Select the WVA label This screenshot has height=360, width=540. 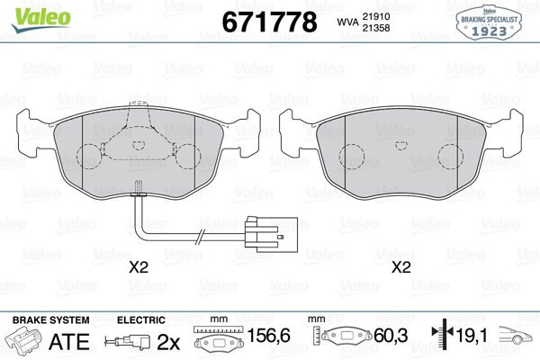click(x=346, y=22)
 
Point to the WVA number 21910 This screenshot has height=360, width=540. click(x=385, y=15)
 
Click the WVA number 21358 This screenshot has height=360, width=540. click(x=385, y=30)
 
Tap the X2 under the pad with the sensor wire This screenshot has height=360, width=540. click(x=138, y=267)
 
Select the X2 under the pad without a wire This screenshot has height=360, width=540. click(x=400, y=267)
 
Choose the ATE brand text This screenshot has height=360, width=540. click(x=74, y=341)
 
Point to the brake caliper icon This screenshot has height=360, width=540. click(x=25, y=341)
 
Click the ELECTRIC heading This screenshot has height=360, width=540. click(x=141, y=319)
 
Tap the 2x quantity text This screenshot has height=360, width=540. click(x=168, y=341)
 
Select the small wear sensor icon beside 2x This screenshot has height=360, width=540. click(x=129, y=341)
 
